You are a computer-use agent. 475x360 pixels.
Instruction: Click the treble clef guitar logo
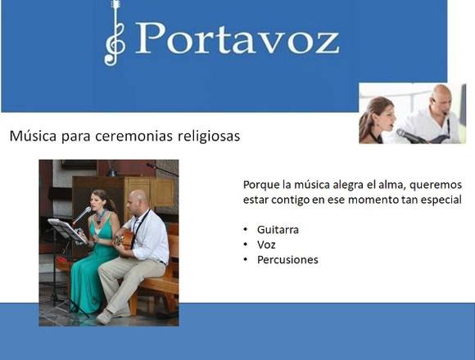(115, 33)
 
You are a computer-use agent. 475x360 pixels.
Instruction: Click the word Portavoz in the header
(238, 38)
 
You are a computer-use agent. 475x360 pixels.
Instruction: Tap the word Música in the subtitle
(33, 136)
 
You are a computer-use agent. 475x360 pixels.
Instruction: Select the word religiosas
(209, 136)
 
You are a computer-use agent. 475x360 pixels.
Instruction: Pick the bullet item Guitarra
(278, 230)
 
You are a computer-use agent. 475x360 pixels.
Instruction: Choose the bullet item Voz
(266, 245)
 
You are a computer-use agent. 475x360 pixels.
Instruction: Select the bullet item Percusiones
(287, 260)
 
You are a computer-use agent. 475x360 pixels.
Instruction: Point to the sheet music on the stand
(67, 231)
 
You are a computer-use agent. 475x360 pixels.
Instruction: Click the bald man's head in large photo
(138, 200)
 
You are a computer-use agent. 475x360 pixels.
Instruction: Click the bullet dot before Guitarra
(246, 230)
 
